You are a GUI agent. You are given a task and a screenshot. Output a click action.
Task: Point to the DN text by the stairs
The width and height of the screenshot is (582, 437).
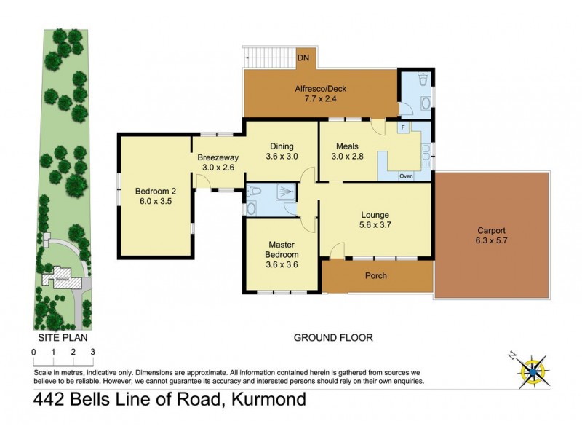(303, 56)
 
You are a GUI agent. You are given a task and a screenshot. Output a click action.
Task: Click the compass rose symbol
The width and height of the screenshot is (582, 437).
(536, 370)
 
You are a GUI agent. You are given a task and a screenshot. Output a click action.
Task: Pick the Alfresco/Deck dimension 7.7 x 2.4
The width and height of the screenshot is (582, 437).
(320, 100)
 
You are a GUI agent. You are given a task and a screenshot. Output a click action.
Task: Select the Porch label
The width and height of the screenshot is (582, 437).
(375, 276)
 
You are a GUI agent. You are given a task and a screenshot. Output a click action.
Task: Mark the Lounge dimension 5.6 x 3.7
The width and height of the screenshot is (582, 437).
(376, 226)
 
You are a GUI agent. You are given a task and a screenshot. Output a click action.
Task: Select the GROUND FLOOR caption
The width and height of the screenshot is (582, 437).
(333, 338)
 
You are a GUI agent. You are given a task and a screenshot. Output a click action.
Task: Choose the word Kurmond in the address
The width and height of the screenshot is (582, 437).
(269, 399)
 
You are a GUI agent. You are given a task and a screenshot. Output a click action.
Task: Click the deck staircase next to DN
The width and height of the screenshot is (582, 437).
(268, 55)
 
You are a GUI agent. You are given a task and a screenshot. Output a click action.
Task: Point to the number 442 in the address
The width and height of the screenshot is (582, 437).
(53, 399)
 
